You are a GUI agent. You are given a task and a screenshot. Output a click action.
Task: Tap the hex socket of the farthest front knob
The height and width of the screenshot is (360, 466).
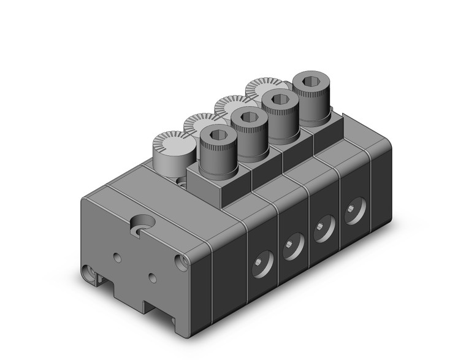pos(308,81)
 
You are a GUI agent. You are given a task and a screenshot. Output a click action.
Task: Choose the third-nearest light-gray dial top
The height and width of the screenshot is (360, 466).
pos(231,105)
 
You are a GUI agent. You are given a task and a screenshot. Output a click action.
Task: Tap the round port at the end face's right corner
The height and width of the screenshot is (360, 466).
pos(182,262)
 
